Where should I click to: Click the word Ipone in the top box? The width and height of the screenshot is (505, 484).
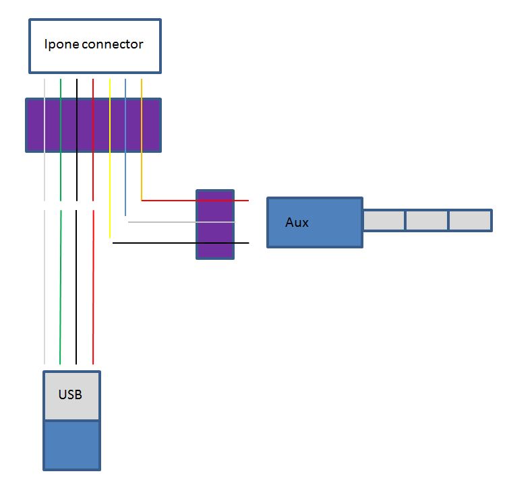pyautogui.click(x=60, y=45)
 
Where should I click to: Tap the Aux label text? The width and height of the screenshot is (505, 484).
pyautogui.click(x=297, y=222)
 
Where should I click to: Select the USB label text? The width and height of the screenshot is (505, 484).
pyautogui.click(x=70, y=394)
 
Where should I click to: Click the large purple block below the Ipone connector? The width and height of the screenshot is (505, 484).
pyautogui.click(x=93, y=125)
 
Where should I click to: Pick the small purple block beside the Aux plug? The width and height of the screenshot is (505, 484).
pyautogui.click(x=215, y=224)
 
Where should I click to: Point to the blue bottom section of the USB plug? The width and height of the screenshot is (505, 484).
pyautogui.click(x=71, y=445)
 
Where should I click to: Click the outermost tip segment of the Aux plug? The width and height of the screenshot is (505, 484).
pyautogui.click(x=470, y=220)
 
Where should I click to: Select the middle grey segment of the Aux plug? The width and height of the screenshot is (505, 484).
pyautogui.click(x=427, y=220)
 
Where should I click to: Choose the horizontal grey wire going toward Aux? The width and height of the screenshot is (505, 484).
pyautogui.click(x=169, y=221)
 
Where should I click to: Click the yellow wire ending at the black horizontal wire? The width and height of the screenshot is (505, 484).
pyautogui.click(x=109, y=168)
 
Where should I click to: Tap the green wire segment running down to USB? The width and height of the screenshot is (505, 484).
pyautogui.click(x=61, y=289)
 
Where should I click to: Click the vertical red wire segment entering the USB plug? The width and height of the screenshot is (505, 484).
pyautogui.click(x=93, y=289)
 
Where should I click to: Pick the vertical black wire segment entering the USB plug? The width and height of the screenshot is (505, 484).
pyautogui.click(x=77, y=289)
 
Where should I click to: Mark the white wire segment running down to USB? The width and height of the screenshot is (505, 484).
pyautogui.click(x=44, y=289)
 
